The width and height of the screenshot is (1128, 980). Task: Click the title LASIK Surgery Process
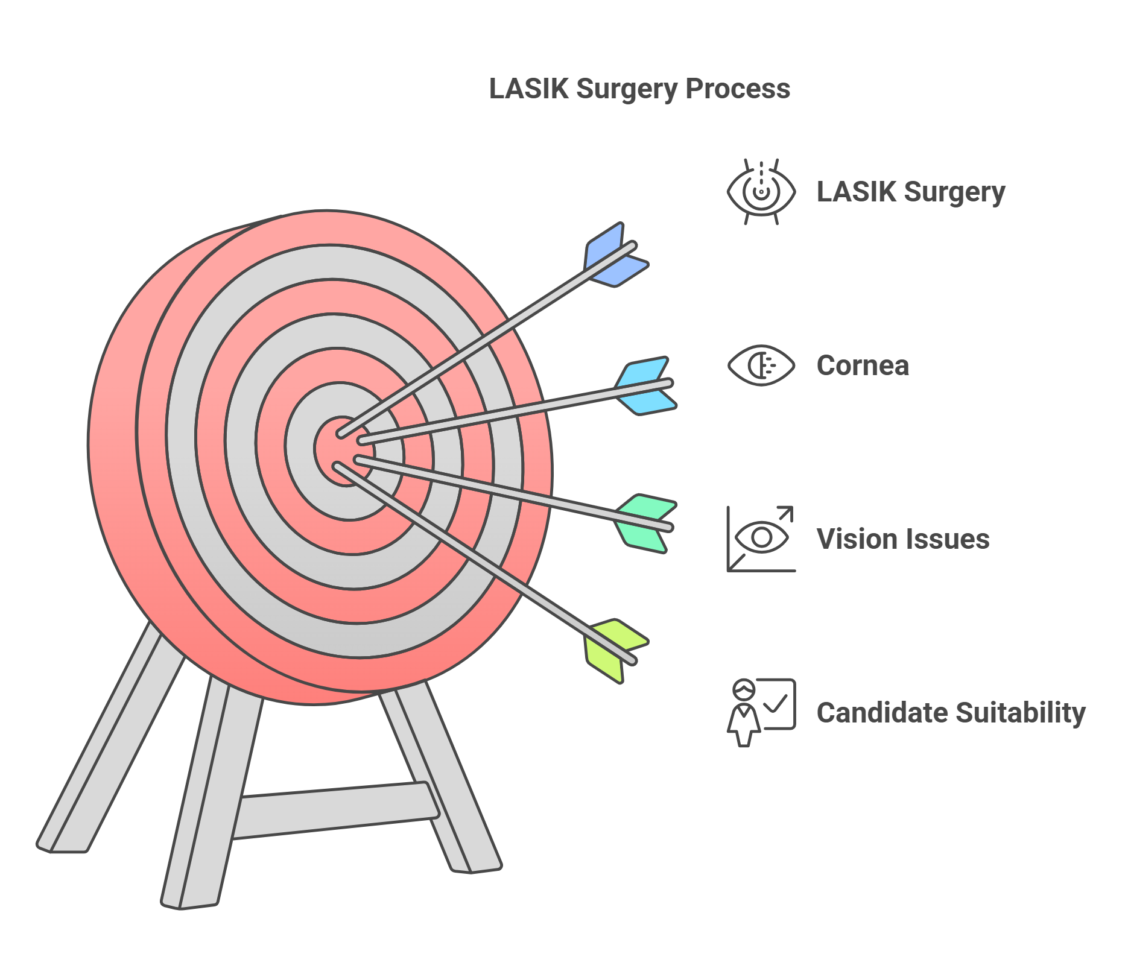pos(639,89)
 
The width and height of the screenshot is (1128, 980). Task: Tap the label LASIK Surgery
pos(910,192)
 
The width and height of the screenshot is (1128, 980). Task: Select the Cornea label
pos(862,365)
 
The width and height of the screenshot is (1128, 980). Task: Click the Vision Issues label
pos(902,539)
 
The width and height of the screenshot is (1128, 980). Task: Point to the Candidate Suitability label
pos(950,713)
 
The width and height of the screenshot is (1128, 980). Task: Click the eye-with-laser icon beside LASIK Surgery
pos(761,192)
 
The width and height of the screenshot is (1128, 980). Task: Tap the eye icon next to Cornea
pos(761,365)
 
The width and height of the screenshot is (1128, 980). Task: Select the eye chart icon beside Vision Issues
pos(761,539)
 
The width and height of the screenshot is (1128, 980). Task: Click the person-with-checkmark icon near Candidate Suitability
pos(761,712)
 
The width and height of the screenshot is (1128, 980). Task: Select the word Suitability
pos(1020,713)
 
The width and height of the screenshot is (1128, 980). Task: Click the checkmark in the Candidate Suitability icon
pos(776,703)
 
